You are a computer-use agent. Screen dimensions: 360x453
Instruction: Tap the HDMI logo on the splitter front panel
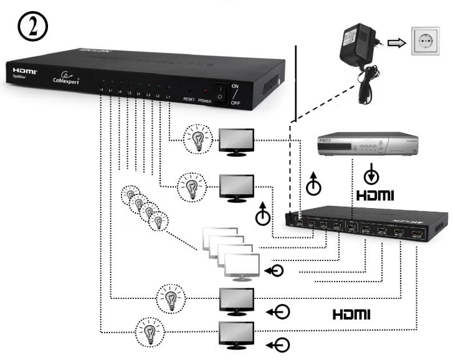(25, 72)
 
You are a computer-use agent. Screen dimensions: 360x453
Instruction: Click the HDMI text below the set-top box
(375, 195)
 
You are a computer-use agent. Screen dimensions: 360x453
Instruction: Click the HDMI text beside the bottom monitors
(351, 314)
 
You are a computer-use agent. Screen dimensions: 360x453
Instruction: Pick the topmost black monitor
(237, 141)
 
